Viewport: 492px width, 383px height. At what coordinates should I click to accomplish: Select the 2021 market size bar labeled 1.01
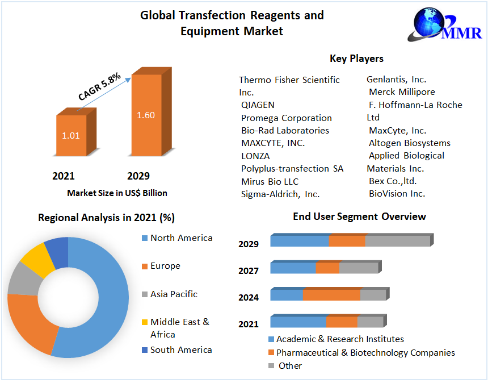72,135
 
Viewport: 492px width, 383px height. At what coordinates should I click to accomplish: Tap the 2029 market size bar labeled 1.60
146,115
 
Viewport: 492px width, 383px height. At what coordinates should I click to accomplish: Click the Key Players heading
356,59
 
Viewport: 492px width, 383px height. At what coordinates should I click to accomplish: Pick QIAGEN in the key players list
258,105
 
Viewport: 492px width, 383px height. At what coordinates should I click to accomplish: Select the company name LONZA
255,156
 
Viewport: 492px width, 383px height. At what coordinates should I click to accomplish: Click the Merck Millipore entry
402,92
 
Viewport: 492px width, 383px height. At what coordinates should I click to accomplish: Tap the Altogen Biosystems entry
409,143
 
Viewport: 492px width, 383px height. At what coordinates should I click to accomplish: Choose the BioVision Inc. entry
397,194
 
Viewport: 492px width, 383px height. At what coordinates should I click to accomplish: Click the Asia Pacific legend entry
174,294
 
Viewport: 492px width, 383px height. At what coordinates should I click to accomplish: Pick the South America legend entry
181,350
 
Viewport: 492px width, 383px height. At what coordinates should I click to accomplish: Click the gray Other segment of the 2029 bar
397,241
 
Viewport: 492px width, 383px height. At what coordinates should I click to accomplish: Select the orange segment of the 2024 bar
331,295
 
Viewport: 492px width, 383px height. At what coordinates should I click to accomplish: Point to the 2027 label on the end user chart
249,271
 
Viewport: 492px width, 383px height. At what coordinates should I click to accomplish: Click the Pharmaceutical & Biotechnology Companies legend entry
365,353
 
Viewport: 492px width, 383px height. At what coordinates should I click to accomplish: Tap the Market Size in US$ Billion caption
117,193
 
